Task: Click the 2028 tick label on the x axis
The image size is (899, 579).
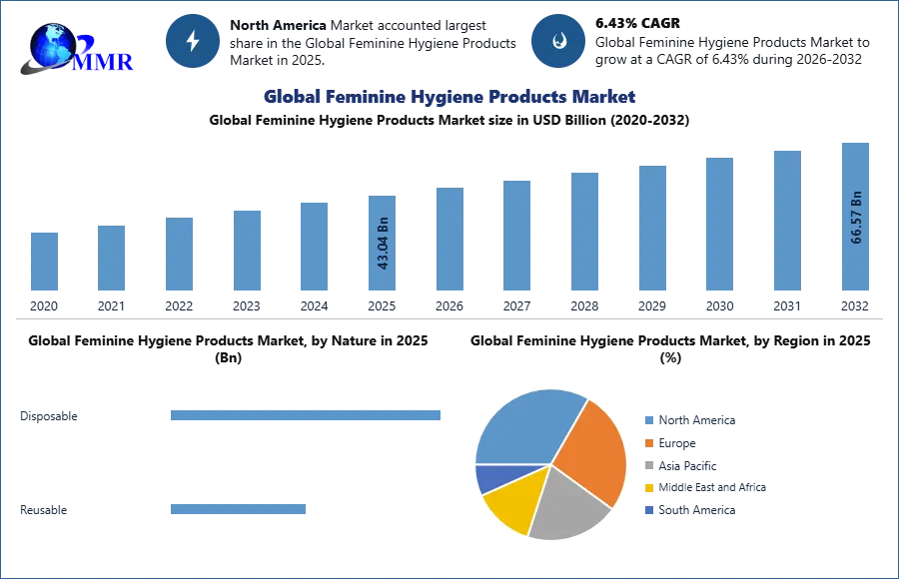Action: [x=584, y=305]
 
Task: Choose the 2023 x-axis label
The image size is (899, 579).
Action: [x=247, y=305]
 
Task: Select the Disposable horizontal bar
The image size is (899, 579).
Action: [x=305, y=415]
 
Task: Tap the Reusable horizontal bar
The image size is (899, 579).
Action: [x=238, y=509]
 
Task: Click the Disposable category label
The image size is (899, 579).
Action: [x=49, y=416]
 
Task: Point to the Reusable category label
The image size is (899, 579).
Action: [x=44, y=510]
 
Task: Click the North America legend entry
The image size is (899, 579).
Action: [x=695, y=420]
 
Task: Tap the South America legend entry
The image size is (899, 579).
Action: [x=695, y=510]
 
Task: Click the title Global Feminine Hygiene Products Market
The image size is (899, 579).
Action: [x=449, y=97]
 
